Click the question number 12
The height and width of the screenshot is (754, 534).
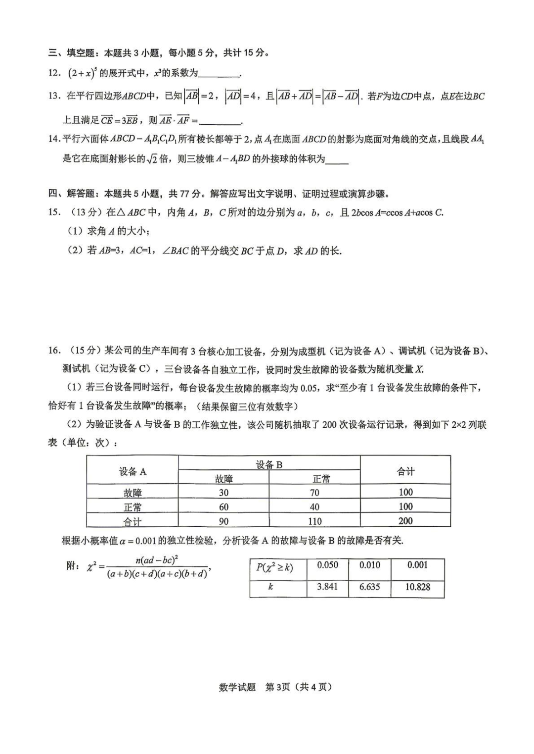click(54, 73)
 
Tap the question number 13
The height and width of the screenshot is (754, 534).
click(54, 96)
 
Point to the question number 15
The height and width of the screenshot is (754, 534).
click(54, 213)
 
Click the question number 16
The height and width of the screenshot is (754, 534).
click(54, 351)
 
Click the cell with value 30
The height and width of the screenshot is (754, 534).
click(223, 493)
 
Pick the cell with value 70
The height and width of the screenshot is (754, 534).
click(314, 493)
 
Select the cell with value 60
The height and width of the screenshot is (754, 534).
click(223, 507)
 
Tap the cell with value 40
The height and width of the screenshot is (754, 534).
click(314, 507)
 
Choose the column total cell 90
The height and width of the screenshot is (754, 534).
click(223, 521)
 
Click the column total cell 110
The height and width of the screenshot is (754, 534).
click(314, 521)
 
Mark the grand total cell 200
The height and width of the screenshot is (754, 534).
click(405, 521)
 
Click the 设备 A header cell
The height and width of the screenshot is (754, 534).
click(133, 472)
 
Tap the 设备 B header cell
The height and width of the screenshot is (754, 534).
click(269, 464)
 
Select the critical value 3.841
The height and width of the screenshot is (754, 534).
click(327, 587)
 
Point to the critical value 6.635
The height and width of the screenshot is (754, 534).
click(370, 587)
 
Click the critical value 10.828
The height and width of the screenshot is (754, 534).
click(417, 587)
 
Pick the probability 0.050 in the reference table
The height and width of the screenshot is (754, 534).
click(327, 565)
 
